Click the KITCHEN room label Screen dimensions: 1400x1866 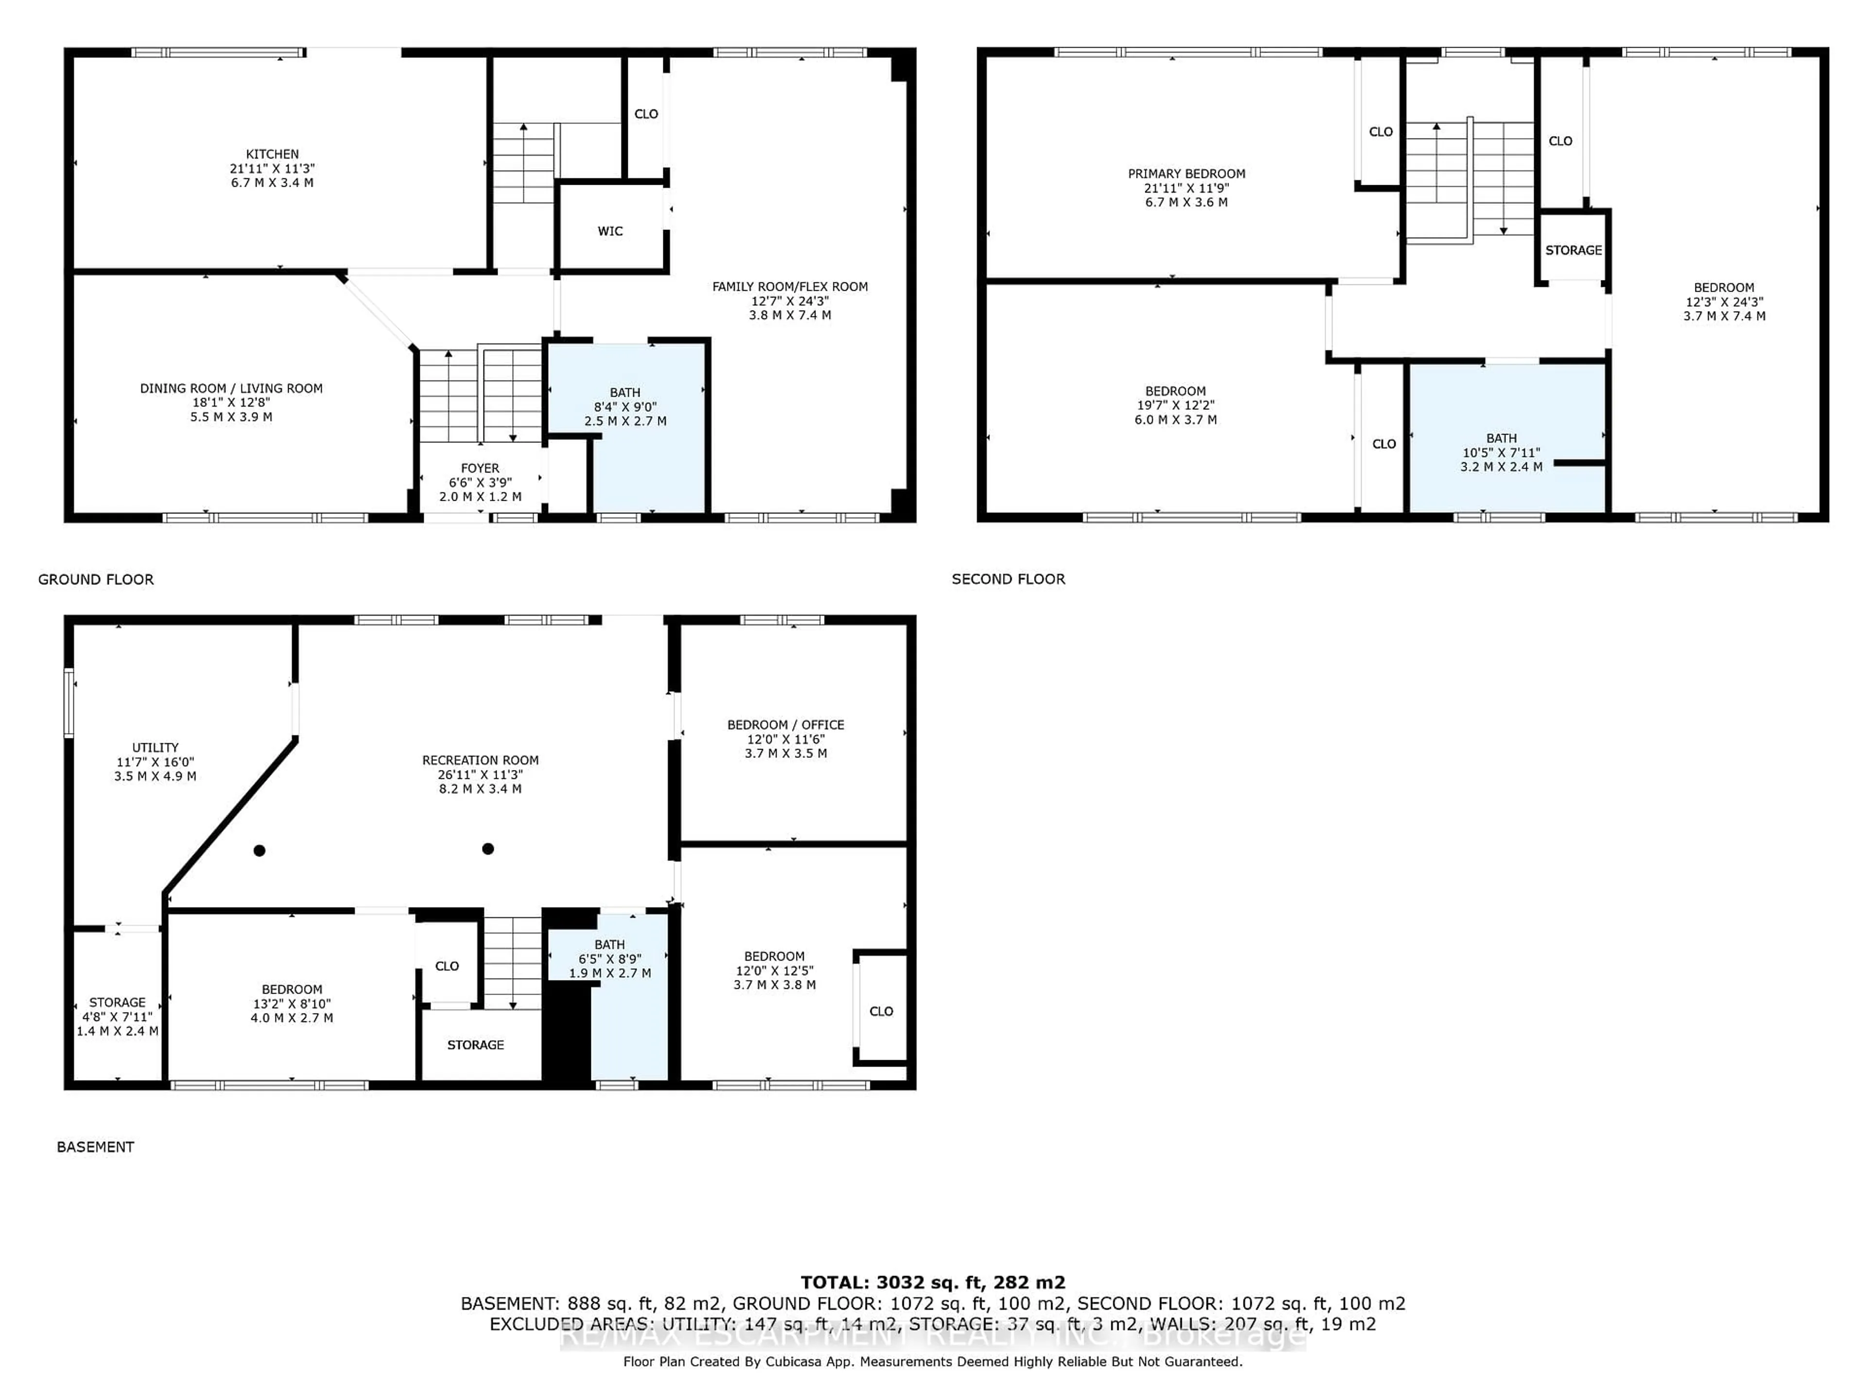tap(272, 155)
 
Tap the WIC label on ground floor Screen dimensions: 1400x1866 tap(610, 231)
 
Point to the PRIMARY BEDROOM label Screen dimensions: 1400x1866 tap(1186, 174)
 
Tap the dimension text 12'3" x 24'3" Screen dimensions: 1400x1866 tap(1724, 302)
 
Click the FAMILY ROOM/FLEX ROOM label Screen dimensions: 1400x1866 tap(790, 287)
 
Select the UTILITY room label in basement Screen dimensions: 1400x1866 tap(155, 748)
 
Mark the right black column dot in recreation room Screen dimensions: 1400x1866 tap(487, 848)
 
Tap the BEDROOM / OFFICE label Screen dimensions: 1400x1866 tap(785, 725)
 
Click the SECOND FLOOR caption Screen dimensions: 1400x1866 tap(1008, 579)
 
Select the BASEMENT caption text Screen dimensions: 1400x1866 tap(95, 1147)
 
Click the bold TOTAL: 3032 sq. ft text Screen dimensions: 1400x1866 tap(932, 1283)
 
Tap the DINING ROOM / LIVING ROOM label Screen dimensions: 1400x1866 tap(231, 389)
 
